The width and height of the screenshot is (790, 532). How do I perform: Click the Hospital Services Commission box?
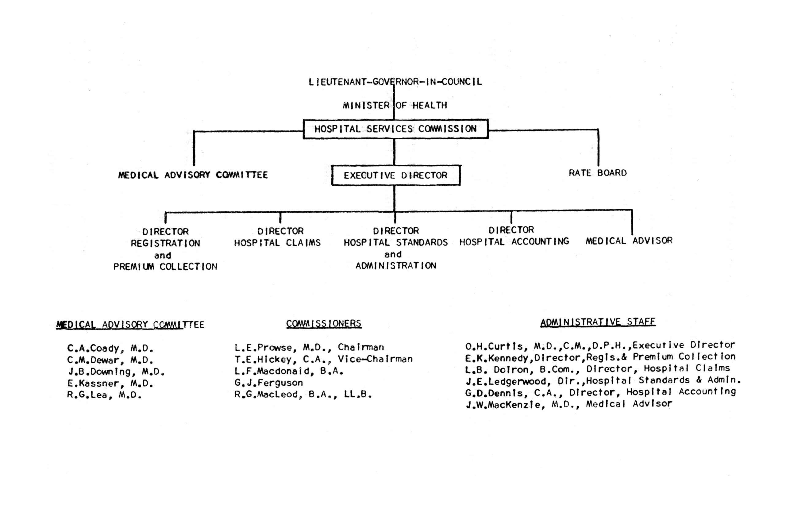point(395,129)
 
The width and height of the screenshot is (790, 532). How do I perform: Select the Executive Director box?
point(396,175)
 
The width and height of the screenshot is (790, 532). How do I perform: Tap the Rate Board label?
point(598,173)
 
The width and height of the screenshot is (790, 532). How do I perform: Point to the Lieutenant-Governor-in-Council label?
point(395,82)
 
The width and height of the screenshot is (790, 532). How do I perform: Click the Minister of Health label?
point(395,105)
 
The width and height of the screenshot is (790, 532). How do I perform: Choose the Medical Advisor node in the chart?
point(629,241)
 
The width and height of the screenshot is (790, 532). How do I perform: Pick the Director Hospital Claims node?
point(277,237)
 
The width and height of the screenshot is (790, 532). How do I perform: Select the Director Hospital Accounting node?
point(514,236)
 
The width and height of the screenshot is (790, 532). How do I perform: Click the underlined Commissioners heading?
point(324,324)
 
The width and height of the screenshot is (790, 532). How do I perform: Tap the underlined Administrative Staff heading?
point(598,322)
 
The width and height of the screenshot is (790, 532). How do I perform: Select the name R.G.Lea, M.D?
point(104,395)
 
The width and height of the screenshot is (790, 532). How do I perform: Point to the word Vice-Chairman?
point(375,359)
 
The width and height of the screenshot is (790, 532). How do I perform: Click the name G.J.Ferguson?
point(269,383)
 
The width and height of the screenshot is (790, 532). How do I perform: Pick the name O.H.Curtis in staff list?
point(494,346)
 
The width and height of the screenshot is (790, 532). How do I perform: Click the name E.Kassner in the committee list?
point(93,384)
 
